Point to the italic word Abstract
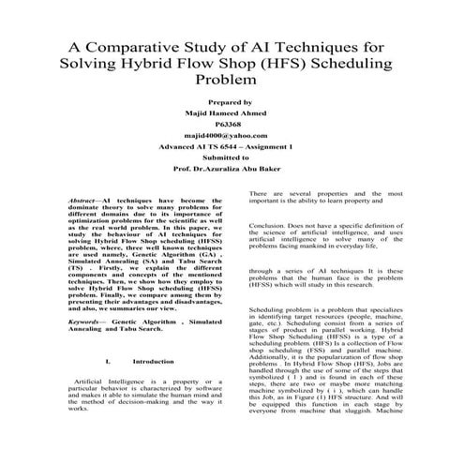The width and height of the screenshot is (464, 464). coord(86,202)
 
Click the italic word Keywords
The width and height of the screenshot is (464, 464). coord(86,321)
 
